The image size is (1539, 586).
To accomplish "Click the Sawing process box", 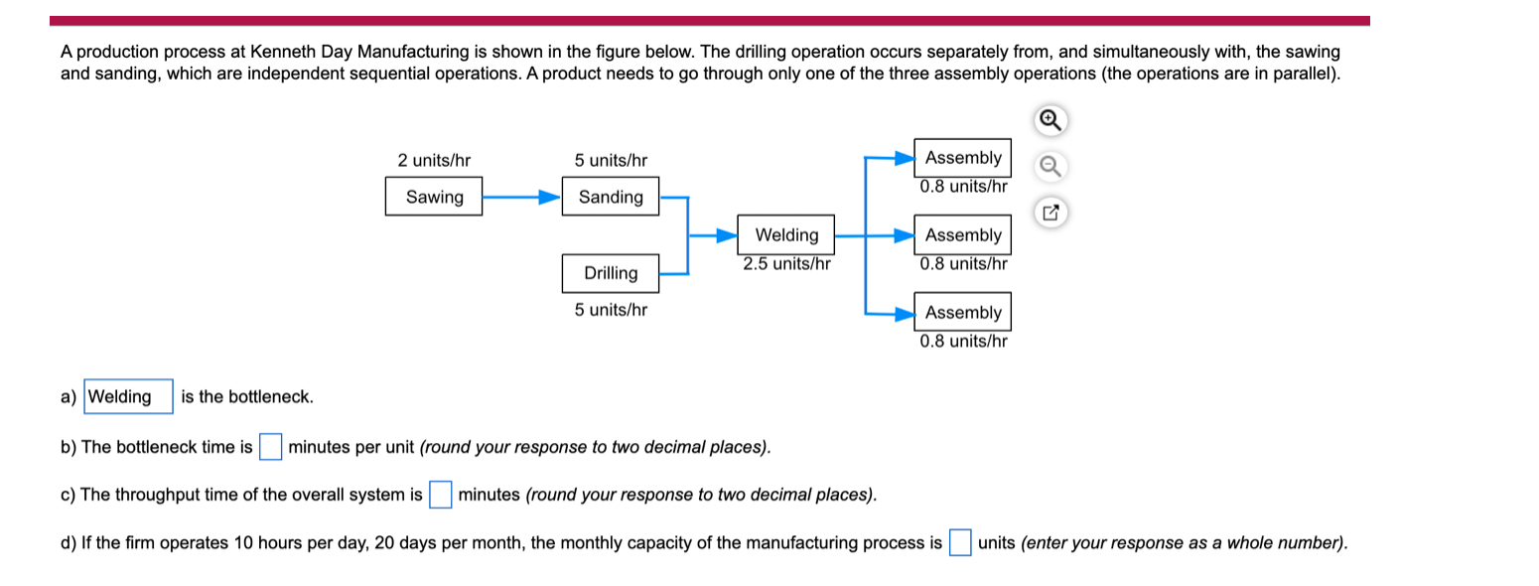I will point(434,197).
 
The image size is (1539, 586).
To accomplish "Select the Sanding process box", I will point(610,197).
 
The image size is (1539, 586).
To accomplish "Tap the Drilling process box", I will point(610,273).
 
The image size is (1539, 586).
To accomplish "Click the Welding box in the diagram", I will point(785,235).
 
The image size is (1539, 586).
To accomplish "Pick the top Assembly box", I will point(962,158).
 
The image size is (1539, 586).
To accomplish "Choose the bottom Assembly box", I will point(962,312).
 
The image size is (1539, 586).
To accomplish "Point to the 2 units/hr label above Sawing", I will point(434,160).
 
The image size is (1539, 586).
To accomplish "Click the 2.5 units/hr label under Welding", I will point(786,264).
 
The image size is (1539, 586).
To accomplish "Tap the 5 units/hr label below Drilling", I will point(611,310).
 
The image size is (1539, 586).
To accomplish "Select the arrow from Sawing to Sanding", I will point(521,197).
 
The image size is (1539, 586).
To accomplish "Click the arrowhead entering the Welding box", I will point(728,235).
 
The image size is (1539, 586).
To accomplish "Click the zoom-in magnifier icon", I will point(1050,121).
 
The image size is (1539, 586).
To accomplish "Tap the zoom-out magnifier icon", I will point(1050,167).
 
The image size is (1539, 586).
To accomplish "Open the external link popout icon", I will point(1050,212).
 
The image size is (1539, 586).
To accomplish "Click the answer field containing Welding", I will point(129,397).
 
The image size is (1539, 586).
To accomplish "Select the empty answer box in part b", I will point(270,447).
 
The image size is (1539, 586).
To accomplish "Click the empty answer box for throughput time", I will point(441,495).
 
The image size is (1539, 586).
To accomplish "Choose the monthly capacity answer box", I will point(959,543).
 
